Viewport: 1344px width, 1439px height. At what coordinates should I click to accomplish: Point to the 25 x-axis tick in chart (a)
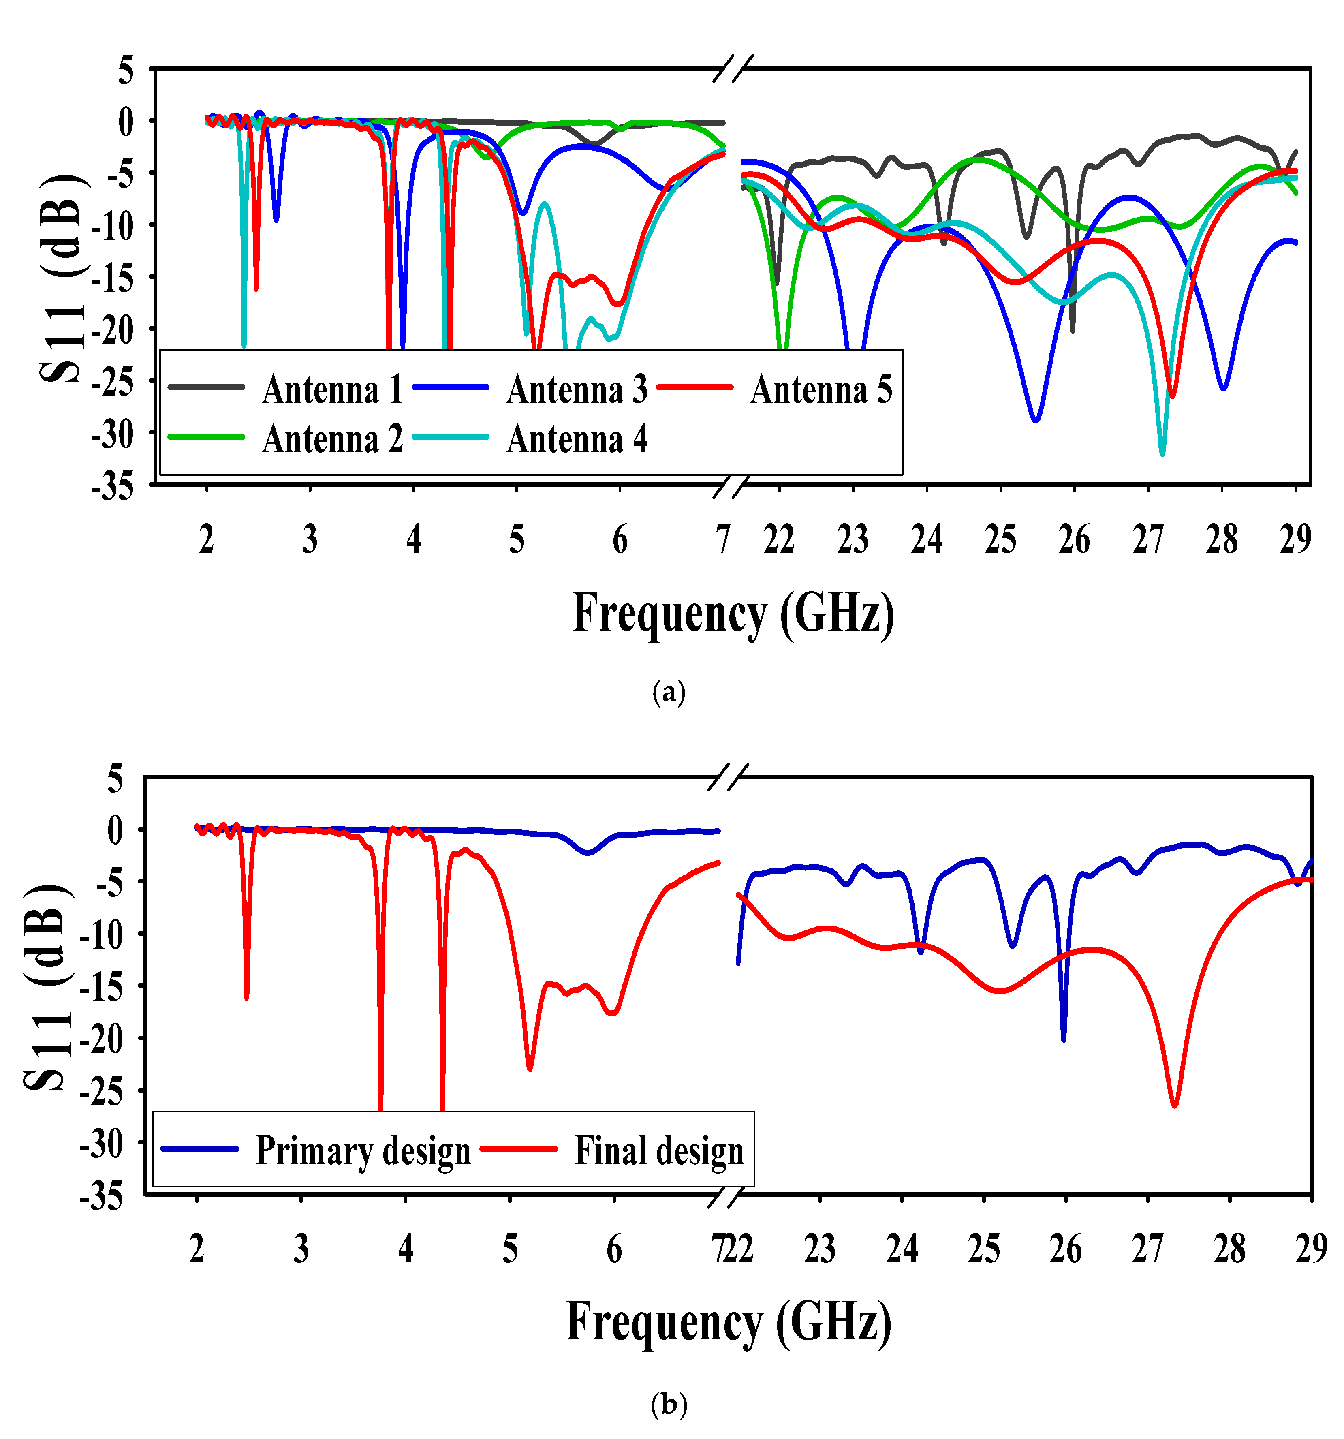1000,539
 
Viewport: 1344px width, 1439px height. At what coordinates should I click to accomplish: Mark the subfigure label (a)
668,692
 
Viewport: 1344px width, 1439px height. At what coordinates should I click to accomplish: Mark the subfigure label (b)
668,1405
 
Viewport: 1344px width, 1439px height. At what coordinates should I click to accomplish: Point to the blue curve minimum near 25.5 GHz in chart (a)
1036,420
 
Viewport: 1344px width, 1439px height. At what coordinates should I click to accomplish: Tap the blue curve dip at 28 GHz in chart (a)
1223,388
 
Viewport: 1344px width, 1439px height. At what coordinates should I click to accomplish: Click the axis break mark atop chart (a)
733,68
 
